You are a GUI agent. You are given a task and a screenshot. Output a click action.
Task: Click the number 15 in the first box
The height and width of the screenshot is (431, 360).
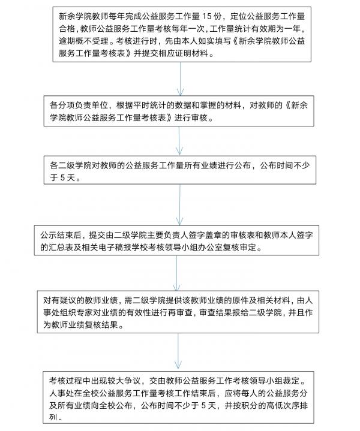point(208,17)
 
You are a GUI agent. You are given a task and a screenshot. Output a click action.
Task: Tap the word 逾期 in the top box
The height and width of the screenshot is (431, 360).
point(67,41)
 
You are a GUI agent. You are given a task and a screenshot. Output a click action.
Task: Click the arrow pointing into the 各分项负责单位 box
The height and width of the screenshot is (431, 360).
point(180,79)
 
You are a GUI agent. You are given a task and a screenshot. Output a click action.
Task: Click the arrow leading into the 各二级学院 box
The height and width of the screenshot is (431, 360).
point(179,141)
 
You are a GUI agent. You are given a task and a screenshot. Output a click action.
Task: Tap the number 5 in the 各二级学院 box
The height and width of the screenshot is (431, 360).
point(62,178)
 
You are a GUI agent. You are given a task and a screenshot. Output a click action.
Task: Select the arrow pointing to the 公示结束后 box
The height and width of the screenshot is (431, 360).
point(180,205)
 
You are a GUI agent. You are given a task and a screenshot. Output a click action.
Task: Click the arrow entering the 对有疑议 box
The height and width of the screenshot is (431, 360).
point(176,273)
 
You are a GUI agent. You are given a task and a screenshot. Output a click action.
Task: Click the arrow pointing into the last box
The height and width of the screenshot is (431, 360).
point(178,351)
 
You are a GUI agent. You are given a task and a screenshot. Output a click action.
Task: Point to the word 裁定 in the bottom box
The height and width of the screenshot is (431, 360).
point(291,381)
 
